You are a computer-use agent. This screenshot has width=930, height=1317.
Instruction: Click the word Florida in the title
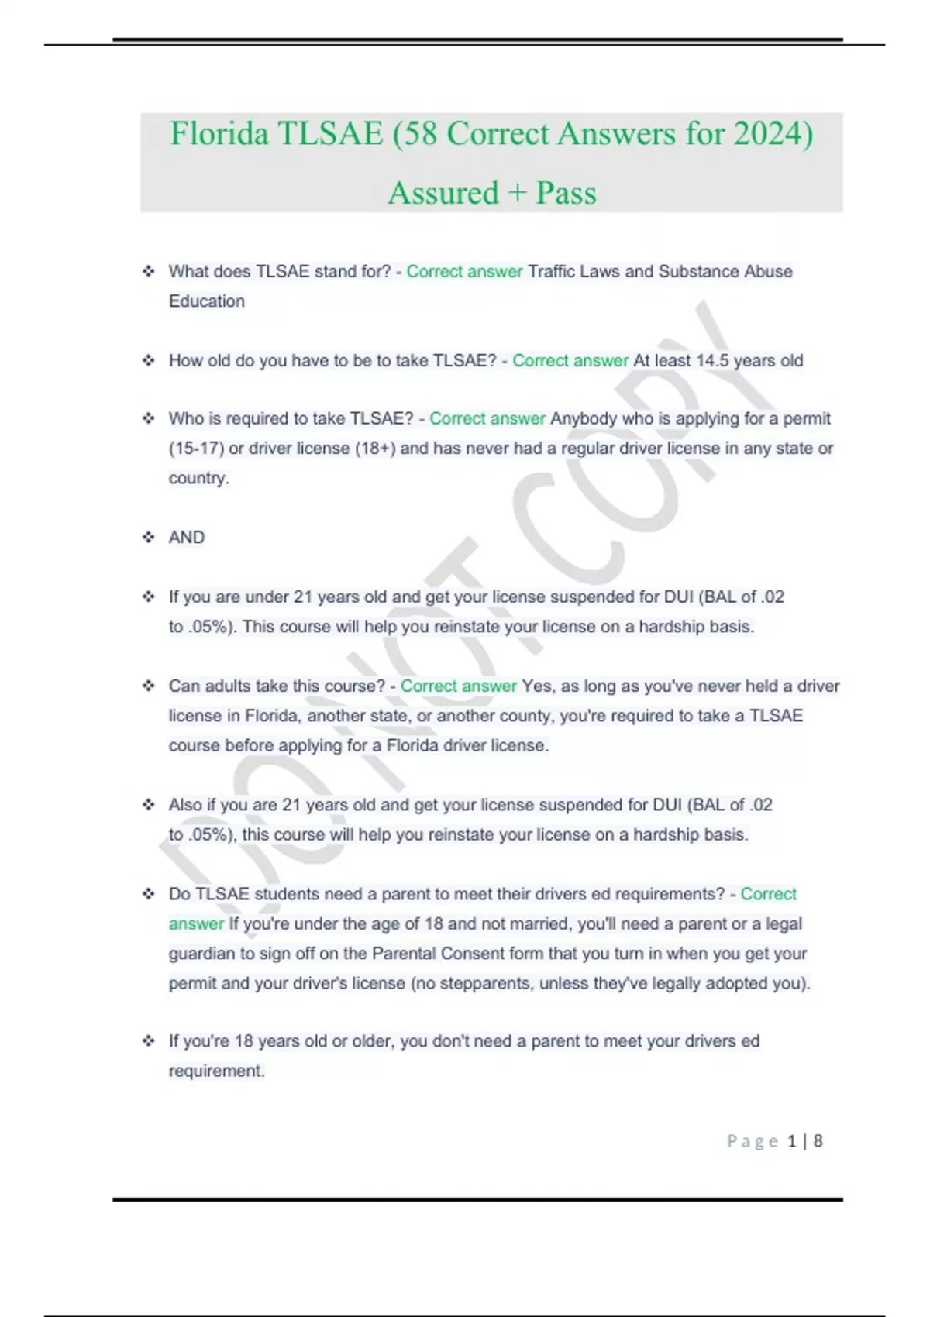(x=219, y=133)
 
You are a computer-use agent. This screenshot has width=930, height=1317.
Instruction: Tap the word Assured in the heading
(x=443, y=193)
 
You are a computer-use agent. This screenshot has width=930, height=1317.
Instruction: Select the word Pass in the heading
(x=567, y=193)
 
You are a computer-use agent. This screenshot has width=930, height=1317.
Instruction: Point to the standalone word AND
(x=187, y=537)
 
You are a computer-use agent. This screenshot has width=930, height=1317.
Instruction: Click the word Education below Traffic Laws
(x=207, y=301)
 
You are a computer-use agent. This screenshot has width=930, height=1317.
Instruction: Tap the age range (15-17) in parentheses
(x=196, y=448)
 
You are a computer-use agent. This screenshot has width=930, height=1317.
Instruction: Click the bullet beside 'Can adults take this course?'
(x=148, y=686)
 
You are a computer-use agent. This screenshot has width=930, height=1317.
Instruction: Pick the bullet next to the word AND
(x=148, y=537)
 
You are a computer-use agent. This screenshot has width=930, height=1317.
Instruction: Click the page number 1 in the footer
(x=792, y=1141)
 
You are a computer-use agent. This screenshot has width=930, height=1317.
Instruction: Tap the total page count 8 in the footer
(x=818, y=1141)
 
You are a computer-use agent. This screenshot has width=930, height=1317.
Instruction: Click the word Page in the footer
(x=753, y=1141)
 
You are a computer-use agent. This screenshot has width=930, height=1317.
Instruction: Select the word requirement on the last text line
(x=215, y=1071)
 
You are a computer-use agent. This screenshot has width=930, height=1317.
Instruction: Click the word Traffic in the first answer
(x=553, y=271)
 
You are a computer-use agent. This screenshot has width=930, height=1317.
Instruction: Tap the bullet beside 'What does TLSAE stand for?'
(x=148, y=271)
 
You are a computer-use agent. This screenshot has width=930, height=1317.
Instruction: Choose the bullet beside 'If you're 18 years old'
(x=148, y=1040)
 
